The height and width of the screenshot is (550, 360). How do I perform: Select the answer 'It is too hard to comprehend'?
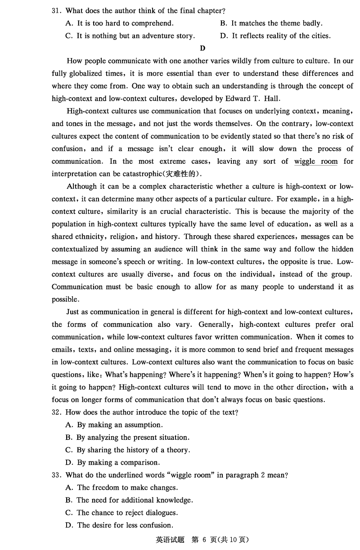(125, 23)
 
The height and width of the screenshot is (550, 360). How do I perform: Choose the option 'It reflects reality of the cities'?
(281, 36)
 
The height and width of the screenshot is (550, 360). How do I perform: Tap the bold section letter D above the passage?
(202, 49)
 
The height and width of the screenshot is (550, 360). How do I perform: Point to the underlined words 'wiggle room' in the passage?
(315, 161)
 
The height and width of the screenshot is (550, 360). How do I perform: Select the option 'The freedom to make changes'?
(127, 488)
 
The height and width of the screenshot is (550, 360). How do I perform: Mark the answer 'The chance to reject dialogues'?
(127, 513)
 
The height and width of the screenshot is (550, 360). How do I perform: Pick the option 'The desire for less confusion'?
(125, 526)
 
